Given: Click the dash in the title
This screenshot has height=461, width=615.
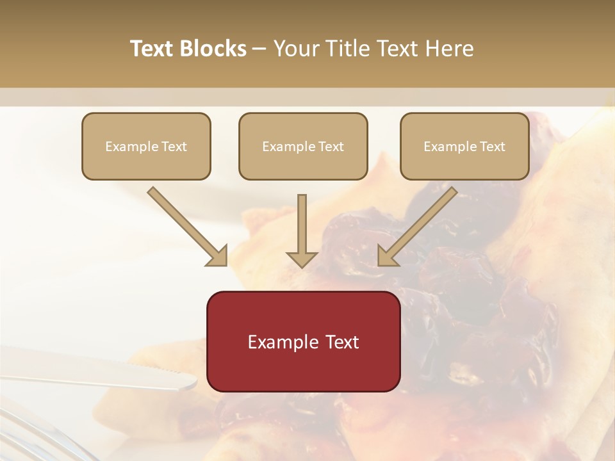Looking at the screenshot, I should point(259,49).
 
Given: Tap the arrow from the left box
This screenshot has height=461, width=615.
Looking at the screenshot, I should point(186,225).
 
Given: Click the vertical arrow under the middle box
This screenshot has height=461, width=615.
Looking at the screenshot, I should point(302,224).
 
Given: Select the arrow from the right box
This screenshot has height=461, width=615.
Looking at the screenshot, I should point(420,225).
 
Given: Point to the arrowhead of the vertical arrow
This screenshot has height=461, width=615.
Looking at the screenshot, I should point(302,259).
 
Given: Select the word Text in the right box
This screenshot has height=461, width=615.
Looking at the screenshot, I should point(492,147).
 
